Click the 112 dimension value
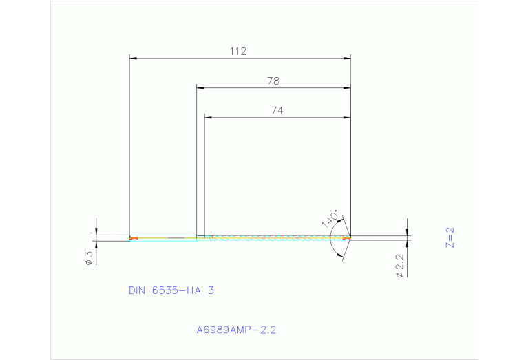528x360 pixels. point(238,51)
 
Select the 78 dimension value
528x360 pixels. point(273,81)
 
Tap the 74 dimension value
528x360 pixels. point(277,110)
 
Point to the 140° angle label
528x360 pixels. point(330,218)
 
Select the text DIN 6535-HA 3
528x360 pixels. point(171,290)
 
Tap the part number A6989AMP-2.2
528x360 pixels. point(236,330)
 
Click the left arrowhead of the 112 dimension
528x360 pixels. point(134,59)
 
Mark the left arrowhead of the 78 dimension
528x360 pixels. point(200,88)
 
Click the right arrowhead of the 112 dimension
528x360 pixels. point(348,59)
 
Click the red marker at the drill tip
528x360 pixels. point(348,237)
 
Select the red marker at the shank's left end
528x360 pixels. point(134,238)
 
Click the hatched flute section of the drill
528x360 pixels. point(275,237)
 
